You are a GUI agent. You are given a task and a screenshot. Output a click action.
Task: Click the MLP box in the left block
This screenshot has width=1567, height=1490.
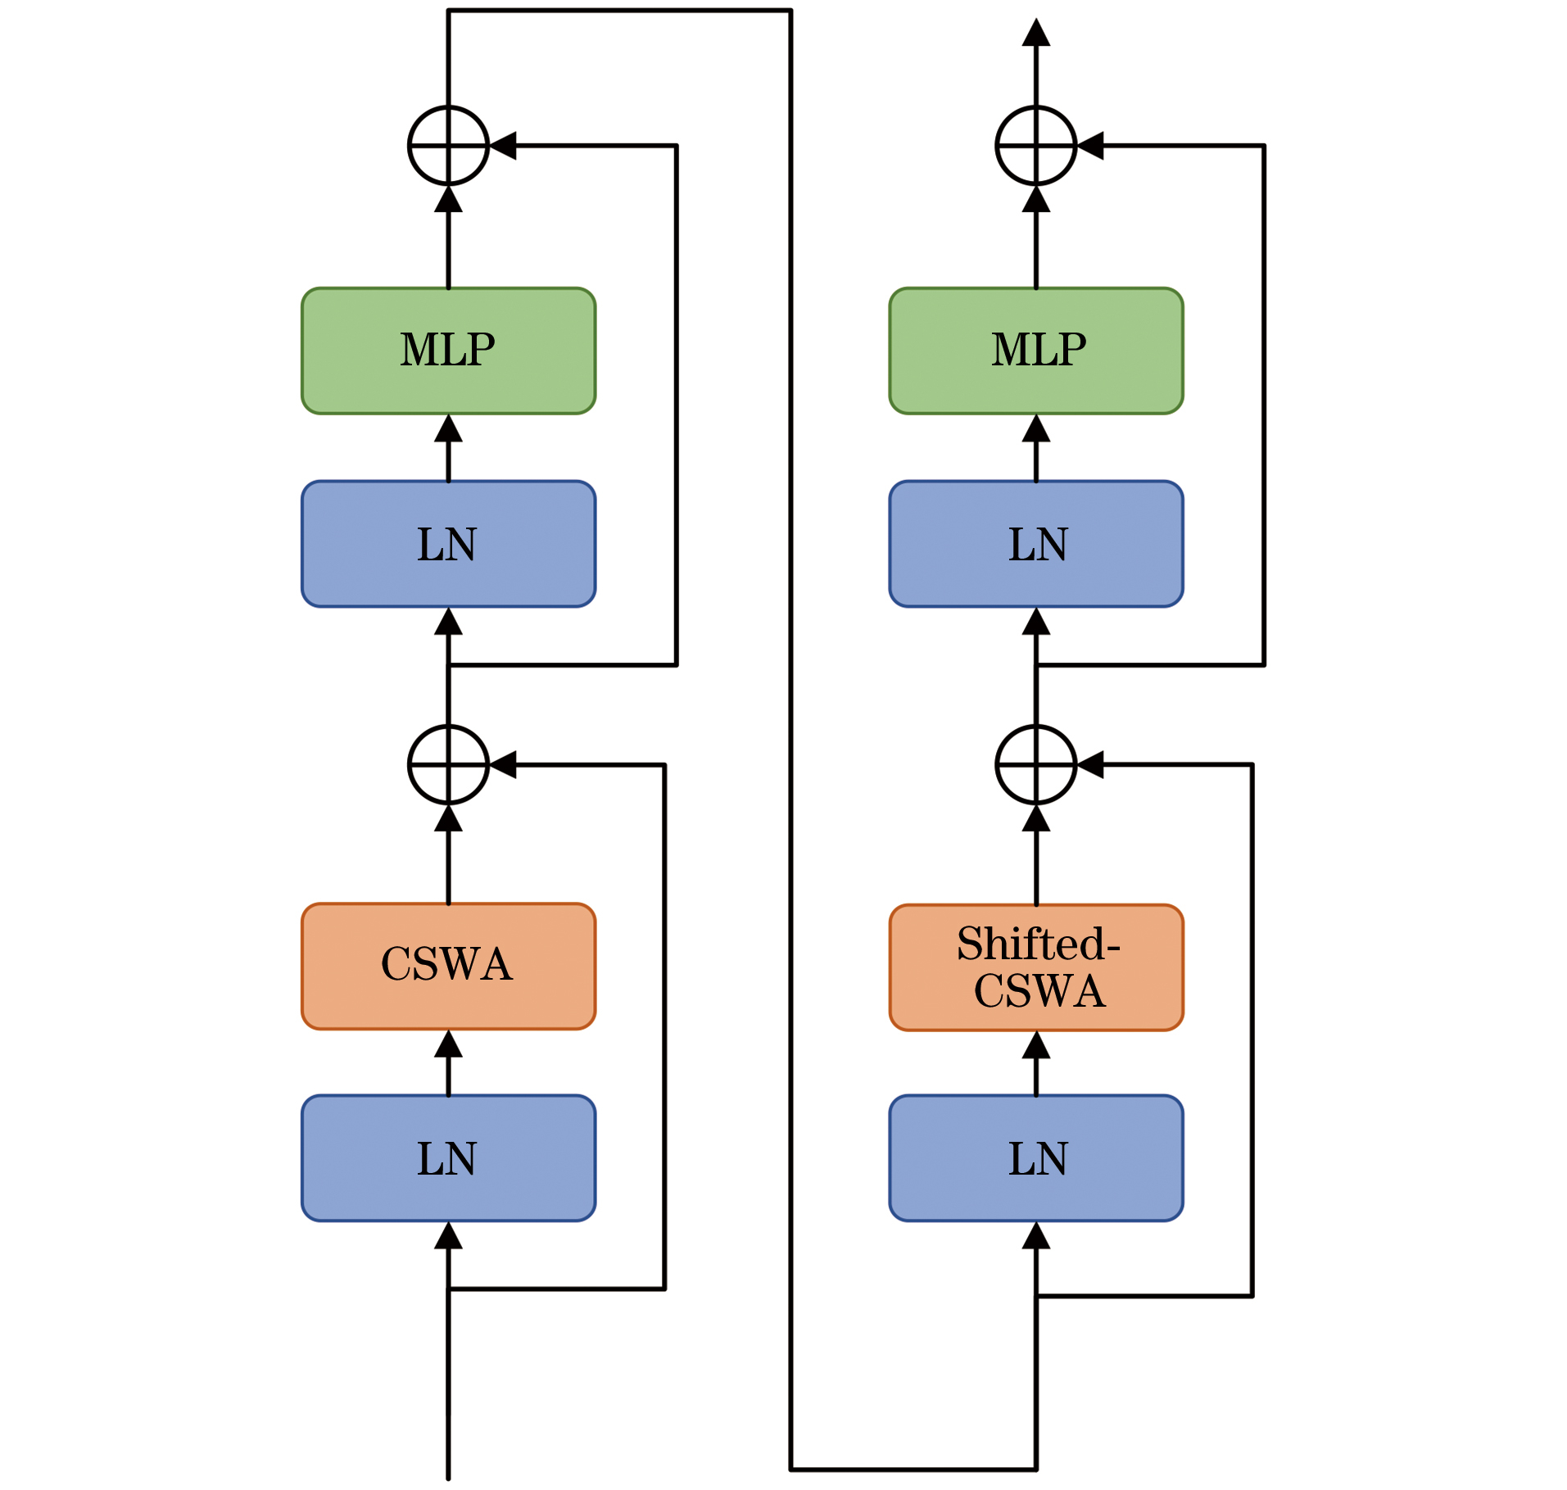click(448, 351)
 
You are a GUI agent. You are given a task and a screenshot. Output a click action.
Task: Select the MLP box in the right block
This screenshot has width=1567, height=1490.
click(1035, 351)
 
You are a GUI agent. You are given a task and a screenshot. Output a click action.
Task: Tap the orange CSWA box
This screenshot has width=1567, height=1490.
click(448, 966)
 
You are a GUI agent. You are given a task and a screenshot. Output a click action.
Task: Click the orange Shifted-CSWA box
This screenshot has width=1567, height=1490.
click(1035, 967)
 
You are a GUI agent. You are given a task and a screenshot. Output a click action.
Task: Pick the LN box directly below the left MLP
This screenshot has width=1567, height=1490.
click(448, 544)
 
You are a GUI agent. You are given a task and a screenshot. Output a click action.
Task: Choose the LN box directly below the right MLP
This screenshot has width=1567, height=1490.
click(1035, 544)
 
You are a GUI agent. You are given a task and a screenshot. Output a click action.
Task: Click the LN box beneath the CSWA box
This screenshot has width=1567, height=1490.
click(448, 1157)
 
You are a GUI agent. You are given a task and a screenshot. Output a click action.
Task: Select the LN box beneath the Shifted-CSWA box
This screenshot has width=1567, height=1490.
click(1035, 1157)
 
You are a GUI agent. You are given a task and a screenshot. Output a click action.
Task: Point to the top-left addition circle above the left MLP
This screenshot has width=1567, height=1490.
click(448, 146)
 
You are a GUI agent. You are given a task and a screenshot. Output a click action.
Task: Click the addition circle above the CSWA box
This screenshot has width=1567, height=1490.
click(448, 764)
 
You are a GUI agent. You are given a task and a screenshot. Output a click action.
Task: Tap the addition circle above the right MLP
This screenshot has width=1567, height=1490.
click(1035, 146)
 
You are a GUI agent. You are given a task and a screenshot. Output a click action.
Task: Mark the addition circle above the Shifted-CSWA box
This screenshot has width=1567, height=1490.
click(1035, 764)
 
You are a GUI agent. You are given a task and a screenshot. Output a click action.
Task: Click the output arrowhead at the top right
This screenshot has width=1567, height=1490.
click(1035, 33)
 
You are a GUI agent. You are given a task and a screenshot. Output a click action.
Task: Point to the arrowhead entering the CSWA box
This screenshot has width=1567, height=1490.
click(448, 1044)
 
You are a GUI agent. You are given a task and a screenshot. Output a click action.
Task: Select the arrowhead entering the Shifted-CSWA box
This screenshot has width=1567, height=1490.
click(1035, 1044)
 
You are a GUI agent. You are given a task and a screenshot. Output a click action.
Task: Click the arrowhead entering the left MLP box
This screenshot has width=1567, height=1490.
click(448, 428)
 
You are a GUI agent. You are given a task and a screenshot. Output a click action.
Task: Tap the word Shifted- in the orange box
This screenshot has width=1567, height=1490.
click(1038, 944)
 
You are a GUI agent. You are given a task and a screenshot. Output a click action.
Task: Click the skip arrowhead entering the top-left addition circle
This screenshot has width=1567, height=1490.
click(503, 146)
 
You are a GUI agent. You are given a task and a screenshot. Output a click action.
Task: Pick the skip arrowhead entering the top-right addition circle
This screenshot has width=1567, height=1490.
click(1090, 146)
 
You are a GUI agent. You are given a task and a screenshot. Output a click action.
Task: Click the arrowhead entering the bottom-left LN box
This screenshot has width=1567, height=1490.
click(448, 1235)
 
